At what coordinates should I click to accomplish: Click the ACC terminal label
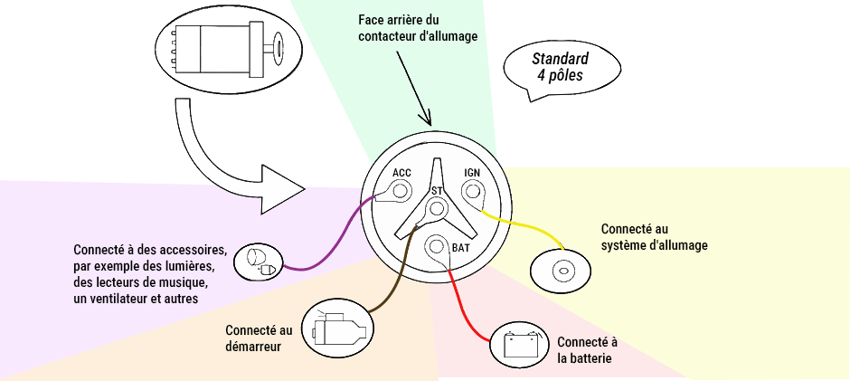(401, 173)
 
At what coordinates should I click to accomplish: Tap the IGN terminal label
(472, 173)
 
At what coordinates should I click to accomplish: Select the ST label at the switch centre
(437, 191)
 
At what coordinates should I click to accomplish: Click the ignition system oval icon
(560, 270)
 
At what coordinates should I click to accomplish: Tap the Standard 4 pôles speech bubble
(562, 70)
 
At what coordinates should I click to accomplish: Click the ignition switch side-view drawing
(228, 50)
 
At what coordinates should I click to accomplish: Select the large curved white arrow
(217, 163)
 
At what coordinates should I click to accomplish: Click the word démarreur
(253, 347)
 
